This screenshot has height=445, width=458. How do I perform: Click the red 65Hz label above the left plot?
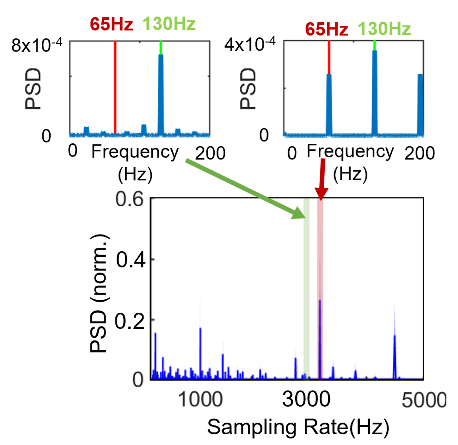[111, 24]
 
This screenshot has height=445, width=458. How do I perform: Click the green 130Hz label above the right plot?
[384, 29]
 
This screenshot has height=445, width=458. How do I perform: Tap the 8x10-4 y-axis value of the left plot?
[36, 45]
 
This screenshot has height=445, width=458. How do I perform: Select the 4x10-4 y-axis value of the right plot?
[250, 44]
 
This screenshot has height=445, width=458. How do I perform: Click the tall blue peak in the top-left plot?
[161, 94]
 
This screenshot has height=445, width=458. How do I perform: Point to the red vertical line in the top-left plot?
[115, 87]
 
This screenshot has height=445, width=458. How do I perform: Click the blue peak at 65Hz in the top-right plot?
[329, 104]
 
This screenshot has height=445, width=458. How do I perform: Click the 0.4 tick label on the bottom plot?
[131, 260]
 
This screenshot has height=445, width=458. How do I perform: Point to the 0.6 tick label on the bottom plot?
[130, 199]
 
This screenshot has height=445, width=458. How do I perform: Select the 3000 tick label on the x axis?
[306, 399]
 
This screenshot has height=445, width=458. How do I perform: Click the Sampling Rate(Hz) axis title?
[298, 427]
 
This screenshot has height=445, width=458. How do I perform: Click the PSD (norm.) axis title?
[99, 293]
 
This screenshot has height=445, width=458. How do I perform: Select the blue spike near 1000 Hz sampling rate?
[200, 352]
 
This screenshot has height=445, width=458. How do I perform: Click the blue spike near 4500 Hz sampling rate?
[395, 355]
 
